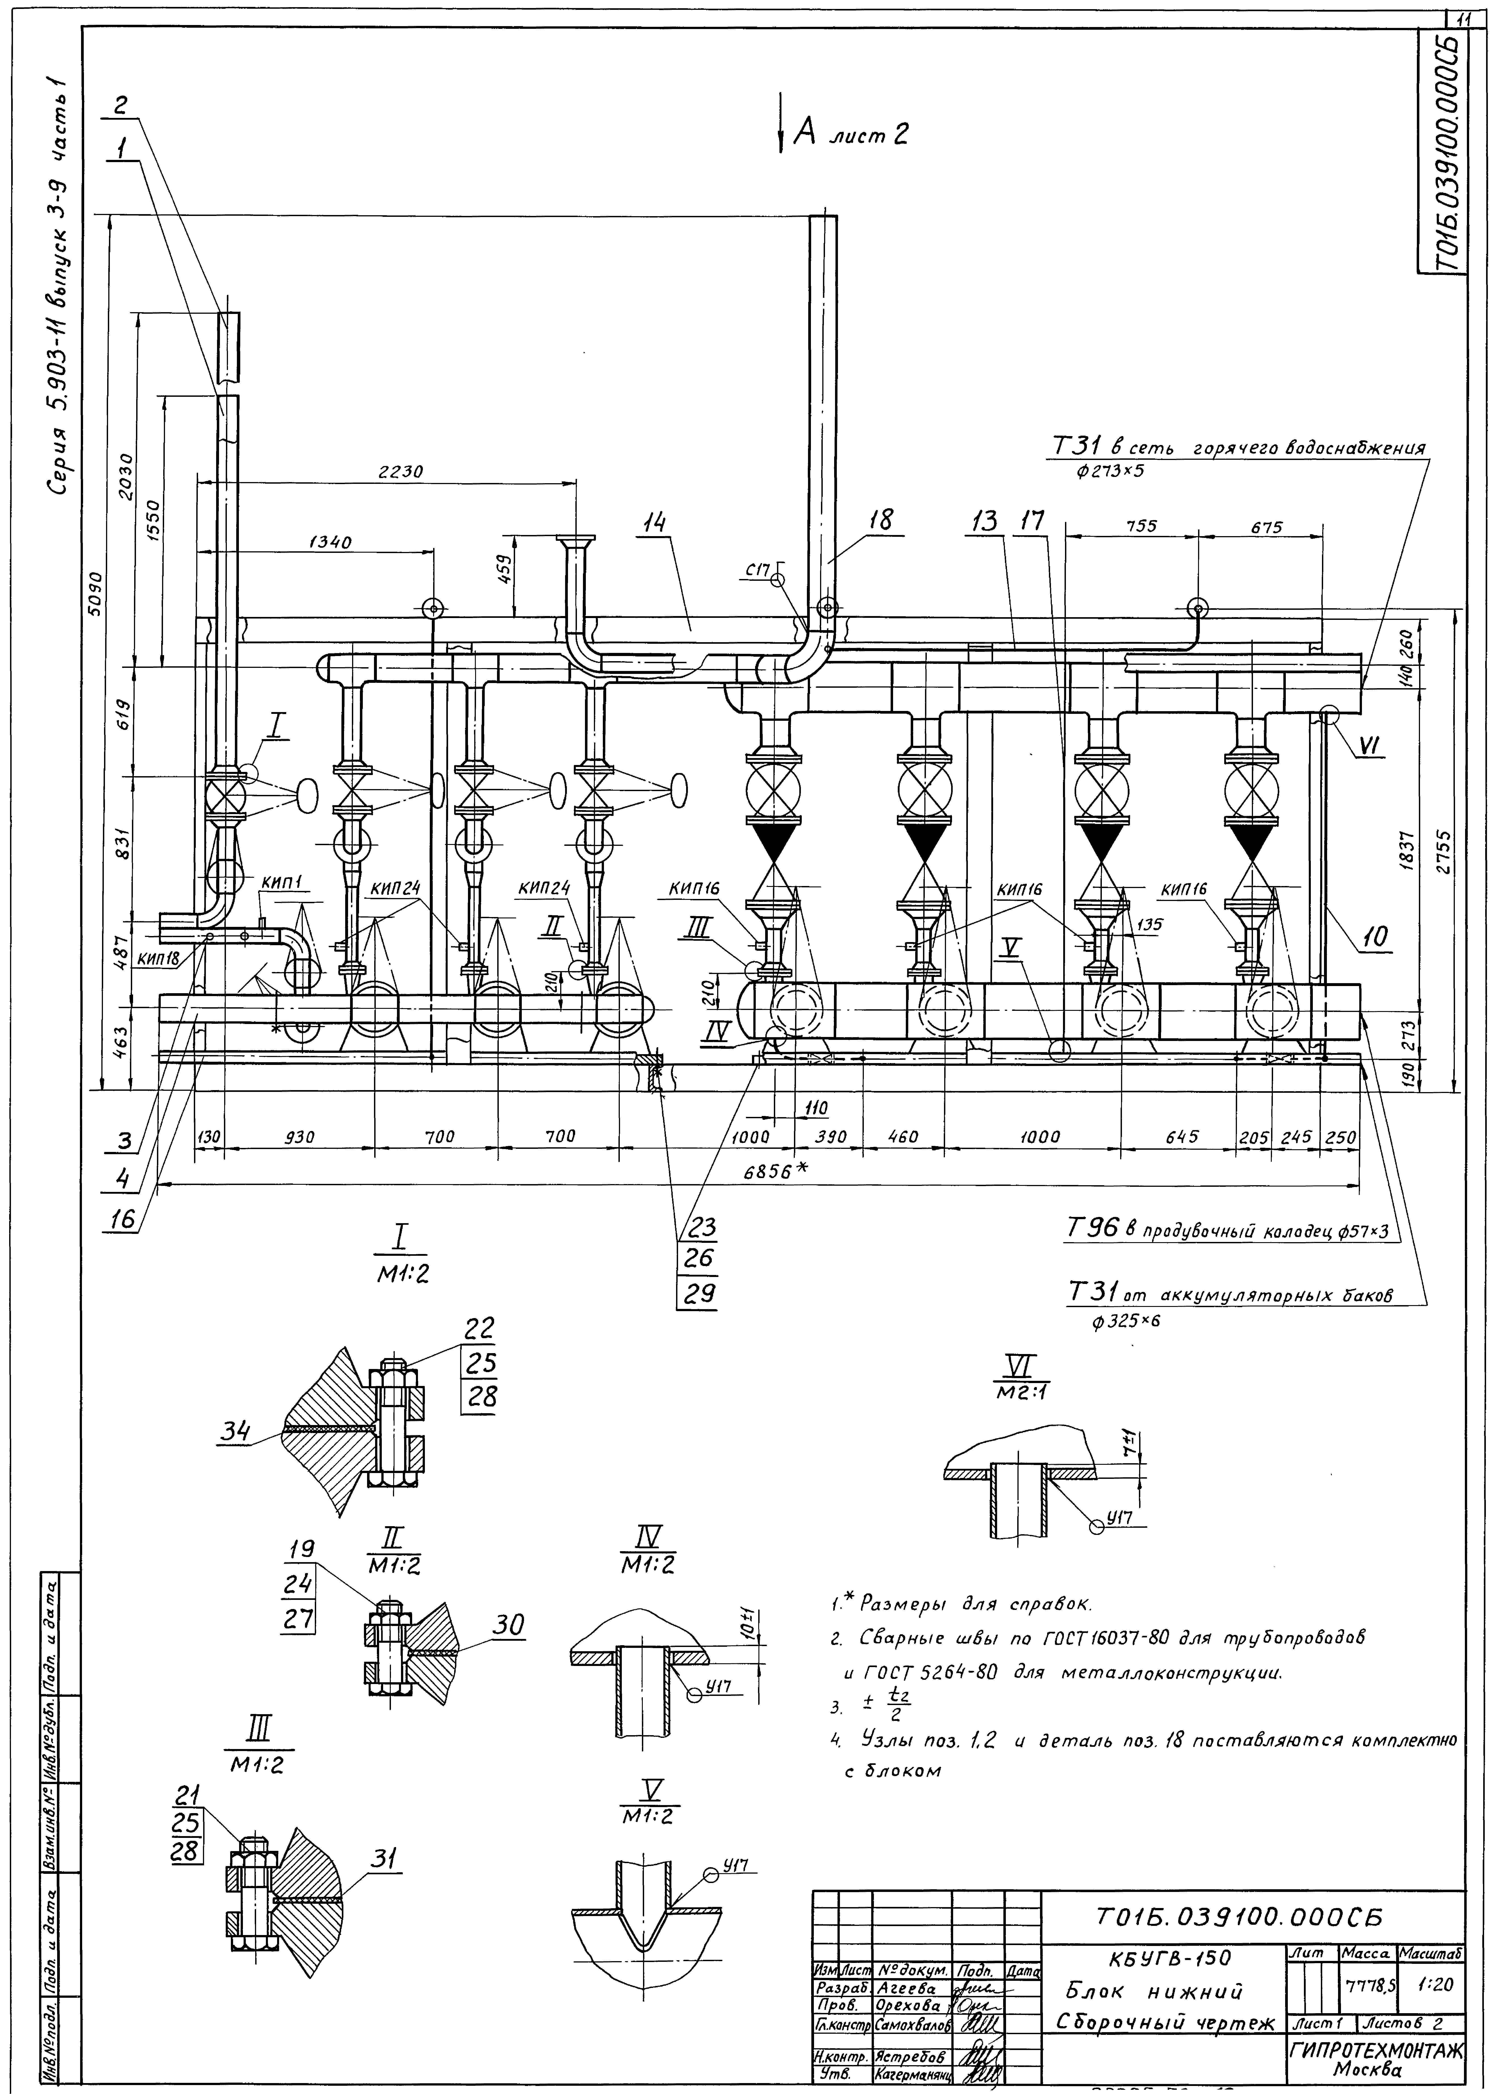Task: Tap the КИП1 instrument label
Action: click(286, 882)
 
